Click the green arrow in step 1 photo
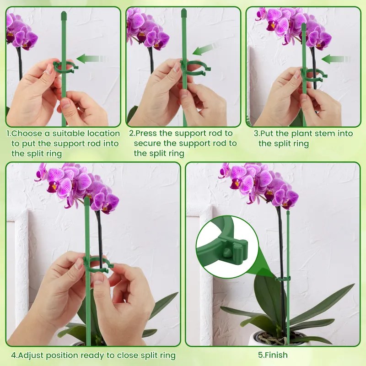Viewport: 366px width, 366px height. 92,59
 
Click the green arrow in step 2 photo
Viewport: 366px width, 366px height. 203,49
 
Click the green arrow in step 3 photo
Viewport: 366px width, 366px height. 336,59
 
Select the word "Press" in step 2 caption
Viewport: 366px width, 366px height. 145,133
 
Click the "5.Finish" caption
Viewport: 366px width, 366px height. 273,355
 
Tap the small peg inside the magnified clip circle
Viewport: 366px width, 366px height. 226,252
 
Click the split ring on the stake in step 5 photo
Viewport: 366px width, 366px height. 283,279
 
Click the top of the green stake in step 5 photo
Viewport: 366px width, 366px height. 288,212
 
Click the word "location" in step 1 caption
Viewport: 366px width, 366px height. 103,133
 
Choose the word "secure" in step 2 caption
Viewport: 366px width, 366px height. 146,143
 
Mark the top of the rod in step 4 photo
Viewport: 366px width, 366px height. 87,199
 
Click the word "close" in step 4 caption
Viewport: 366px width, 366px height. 128,355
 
